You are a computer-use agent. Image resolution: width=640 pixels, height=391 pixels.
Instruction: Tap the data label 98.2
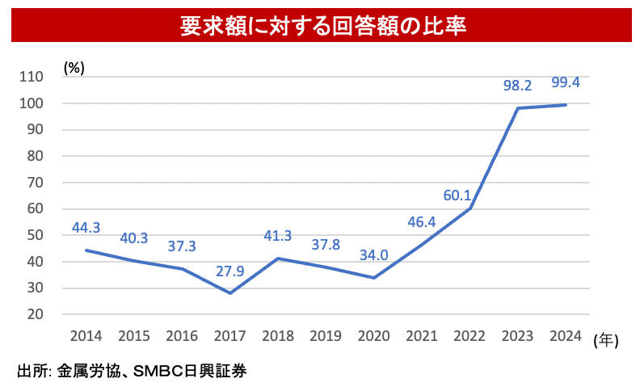click(517, 85)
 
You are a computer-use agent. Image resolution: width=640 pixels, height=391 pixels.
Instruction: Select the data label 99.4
click(565, 82)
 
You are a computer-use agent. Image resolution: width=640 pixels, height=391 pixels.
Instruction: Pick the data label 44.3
click(86, 228)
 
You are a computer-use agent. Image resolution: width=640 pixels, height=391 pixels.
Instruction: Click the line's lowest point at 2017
click(230, 292)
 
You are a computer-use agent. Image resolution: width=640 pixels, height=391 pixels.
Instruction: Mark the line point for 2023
click(517, 108)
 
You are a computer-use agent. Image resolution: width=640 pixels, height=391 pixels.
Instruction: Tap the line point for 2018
click(278, 259)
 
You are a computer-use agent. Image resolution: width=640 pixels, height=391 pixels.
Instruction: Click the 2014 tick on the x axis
click(86, 335)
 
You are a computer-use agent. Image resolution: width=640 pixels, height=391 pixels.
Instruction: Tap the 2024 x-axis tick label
click(565, 335)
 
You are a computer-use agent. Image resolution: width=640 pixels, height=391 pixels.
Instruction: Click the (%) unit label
click(74, 68)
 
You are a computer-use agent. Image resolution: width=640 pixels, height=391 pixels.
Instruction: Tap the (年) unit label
click(605, 341)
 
